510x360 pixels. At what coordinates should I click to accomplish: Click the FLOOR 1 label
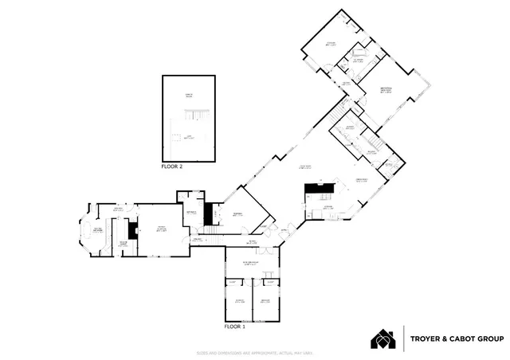237,327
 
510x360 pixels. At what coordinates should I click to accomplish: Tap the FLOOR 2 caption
172,167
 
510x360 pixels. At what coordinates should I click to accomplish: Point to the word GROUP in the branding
490,338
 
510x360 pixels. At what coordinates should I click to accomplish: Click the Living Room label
304,166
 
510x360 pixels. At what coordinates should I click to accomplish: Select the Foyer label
251,242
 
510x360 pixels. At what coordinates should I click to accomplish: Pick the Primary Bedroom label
384,89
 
